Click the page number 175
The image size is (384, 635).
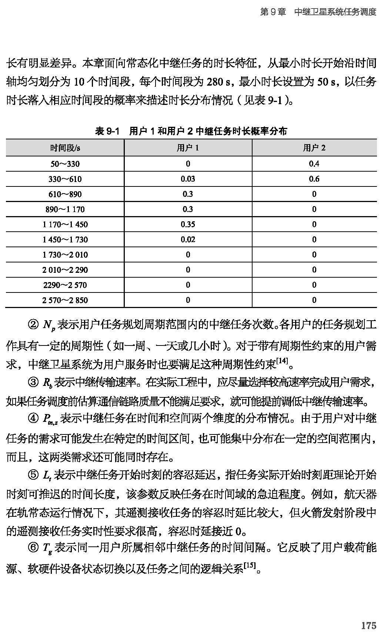click(368, 625)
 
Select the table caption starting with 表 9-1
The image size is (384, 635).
click(191, 131)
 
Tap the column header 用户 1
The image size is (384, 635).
click(188, 148)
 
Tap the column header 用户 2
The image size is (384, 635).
click(314, 148)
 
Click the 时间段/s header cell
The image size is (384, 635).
click(65, 148)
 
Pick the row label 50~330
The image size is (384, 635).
click(65, 164)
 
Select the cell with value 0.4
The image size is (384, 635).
click(314, 164)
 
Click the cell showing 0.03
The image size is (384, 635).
click(188, 179)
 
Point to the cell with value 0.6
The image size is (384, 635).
click(314, 179)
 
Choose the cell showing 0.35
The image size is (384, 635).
click(188, 224)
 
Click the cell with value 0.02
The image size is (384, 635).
click(188, 239)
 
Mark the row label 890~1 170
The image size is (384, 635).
click(65, 209)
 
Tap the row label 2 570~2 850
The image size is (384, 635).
click(65, 300)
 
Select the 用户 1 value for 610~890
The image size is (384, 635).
click(188, 194)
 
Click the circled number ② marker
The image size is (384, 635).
click(33, 325)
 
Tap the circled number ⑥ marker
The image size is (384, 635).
click(33, 547)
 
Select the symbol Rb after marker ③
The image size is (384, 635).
click(47, 383)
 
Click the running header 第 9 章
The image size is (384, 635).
click(273, 12)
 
